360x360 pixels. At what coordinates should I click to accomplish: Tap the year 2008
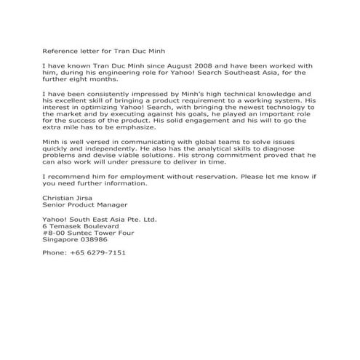219,65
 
